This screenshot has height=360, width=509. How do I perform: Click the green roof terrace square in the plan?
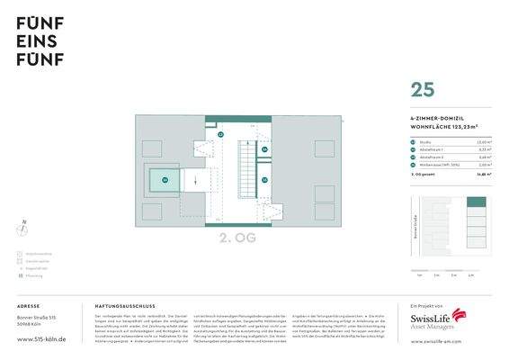click(x=164, y=181)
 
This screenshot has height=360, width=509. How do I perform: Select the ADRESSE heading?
click(x=29, y=306)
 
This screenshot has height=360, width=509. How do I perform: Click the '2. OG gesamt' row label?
click(x=423, y=174)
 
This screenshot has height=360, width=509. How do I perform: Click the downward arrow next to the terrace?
click(x=195, y=181)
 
